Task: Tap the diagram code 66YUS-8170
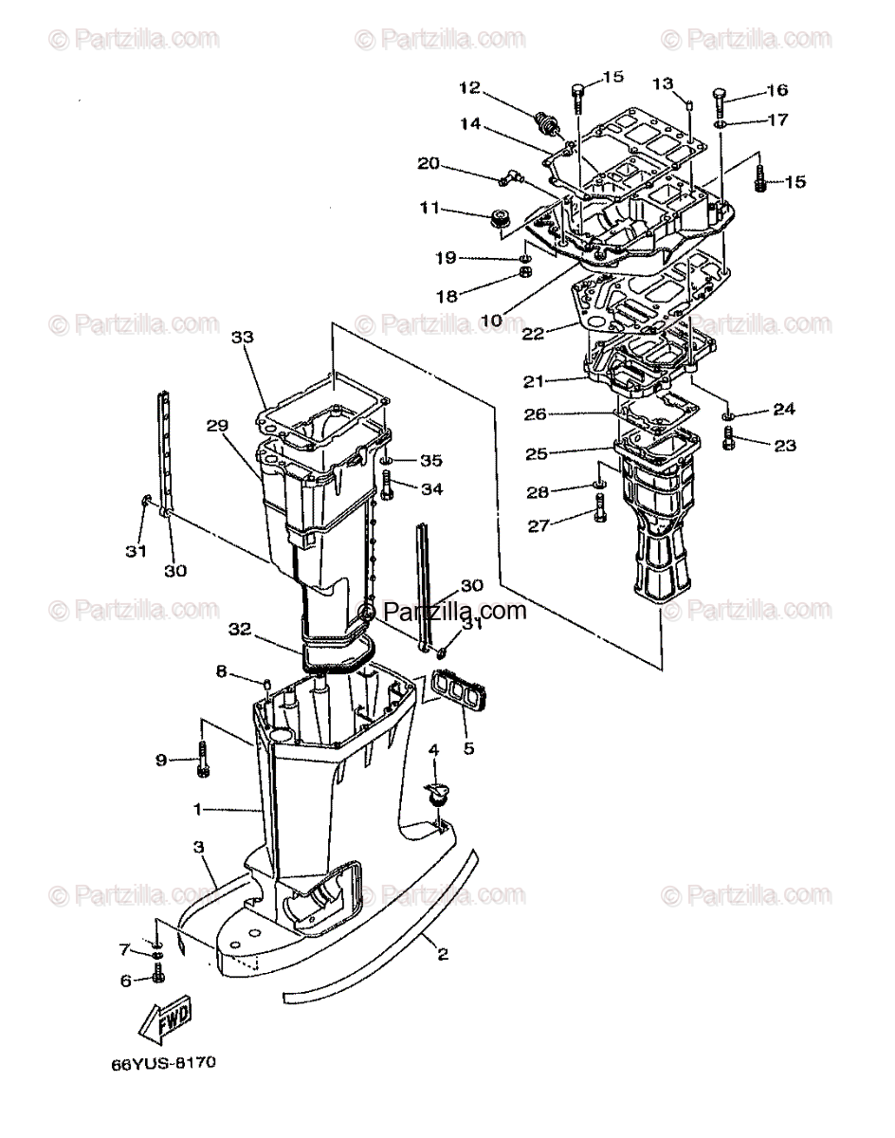(162, 1090)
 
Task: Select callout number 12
(471, 87)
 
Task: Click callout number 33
(244, 337)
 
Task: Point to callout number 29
(218, 426)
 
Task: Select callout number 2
(441, 956)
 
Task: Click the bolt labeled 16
(721, 98)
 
